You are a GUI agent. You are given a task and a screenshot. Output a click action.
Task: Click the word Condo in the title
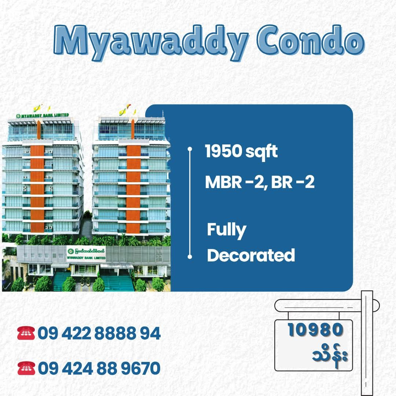click(311, 40)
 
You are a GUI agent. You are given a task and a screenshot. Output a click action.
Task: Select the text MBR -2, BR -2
click(260, 182)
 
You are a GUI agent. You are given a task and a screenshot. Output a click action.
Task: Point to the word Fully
click(227, 230)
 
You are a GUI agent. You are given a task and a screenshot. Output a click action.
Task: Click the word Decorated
click(251, 255)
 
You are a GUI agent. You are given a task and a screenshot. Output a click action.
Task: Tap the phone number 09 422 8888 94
click(99, 333)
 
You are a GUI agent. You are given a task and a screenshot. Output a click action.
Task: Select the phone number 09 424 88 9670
click(99, 368)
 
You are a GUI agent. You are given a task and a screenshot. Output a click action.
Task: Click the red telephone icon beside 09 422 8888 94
click(26, 333)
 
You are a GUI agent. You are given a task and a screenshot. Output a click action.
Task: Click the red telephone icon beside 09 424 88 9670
click(26, 368)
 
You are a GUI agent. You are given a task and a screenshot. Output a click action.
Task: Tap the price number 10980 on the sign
click(315, 330)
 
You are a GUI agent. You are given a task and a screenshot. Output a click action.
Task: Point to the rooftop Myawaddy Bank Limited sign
click(43, 115)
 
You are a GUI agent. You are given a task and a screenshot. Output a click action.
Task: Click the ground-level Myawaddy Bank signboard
click(86, 254)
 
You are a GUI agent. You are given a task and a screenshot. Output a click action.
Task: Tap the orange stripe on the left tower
click(37, 189)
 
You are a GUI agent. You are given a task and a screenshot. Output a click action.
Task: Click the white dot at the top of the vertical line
click(190, 149)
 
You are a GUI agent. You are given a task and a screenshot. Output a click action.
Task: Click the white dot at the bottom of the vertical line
click(190, 257)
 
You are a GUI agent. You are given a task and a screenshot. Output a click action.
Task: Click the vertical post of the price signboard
click(367, 343)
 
